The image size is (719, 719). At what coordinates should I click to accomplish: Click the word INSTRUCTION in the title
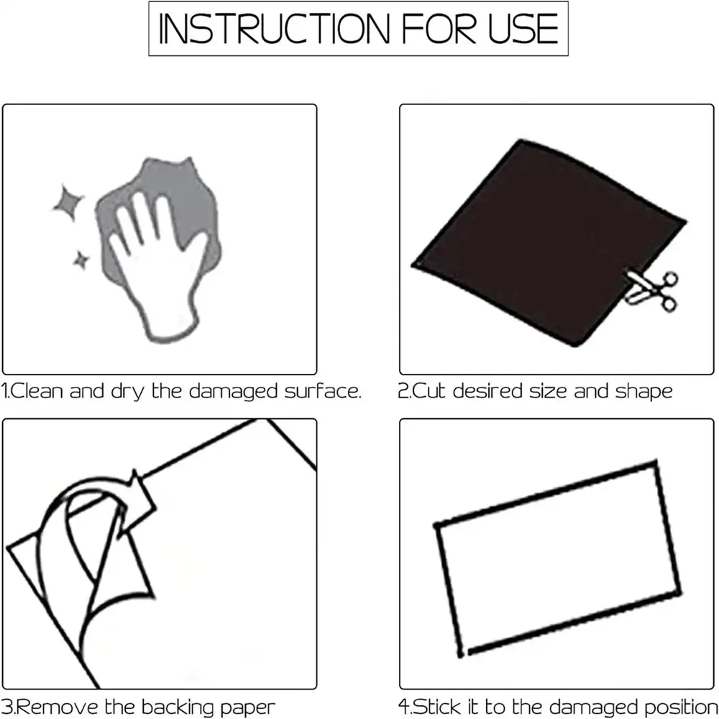click(274, 29)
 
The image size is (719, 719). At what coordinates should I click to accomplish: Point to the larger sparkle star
click(68, 203)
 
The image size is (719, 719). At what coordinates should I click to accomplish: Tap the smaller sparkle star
click(81, 260)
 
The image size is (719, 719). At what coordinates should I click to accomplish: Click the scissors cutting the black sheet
click(651, 290)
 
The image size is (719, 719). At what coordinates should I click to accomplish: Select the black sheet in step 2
click(546, 241)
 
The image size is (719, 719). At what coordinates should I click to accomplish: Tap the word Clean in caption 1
click(36, 391)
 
